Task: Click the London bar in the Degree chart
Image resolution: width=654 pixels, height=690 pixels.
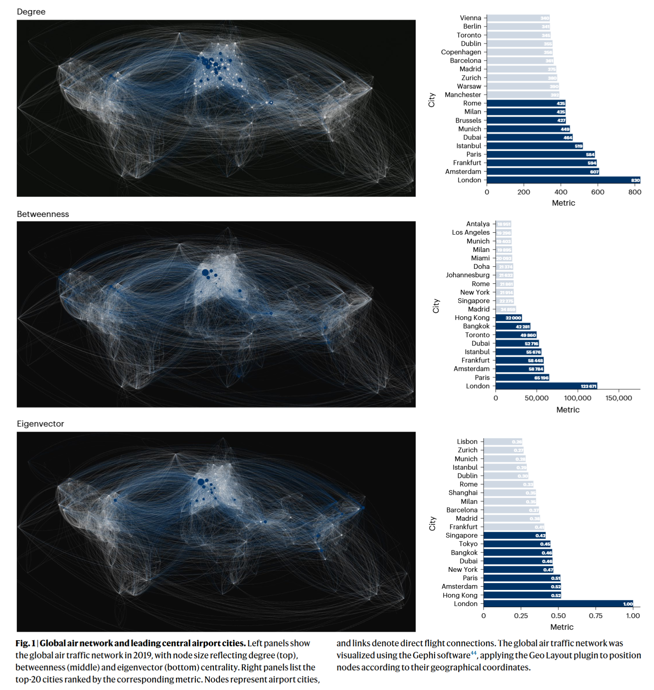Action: (563, 180)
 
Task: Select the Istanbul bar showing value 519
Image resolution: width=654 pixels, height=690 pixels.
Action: (535, 146)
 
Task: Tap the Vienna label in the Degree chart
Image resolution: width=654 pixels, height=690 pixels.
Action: (470, 18)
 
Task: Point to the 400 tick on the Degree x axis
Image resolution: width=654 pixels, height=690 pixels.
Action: (561, 192)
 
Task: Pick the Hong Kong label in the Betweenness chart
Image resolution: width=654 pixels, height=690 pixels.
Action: (472, 318)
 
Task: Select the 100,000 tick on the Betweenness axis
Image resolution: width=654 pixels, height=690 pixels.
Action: (577, 398)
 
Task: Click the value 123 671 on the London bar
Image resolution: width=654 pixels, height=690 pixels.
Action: (588, 386)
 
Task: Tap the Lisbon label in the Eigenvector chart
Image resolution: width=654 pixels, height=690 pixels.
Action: (467, 442)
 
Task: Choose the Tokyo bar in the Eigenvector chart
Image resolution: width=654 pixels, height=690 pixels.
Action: (517, 544)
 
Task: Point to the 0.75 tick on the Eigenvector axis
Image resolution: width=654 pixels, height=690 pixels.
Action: (596, 616)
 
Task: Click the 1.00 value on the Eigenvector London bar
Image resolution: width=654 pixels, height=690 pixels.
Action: (628, 604)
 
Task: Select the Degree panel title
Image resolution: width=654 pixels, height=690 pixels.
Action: (31, 12)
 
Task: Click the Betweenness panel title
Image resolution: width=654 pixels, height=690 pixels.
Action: (43, 214)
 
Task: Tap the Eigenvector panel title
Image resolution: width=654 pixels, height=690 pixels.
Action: (40, 424)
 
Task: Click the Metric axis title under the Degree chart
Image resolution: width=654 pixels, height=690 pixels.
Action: (563, 203)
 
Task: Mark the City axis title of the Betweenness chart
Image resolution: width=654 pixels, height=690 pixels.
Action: (436, 306)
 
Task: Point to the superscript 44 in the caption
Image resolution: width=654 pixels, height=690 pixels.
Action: (474, 653)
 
